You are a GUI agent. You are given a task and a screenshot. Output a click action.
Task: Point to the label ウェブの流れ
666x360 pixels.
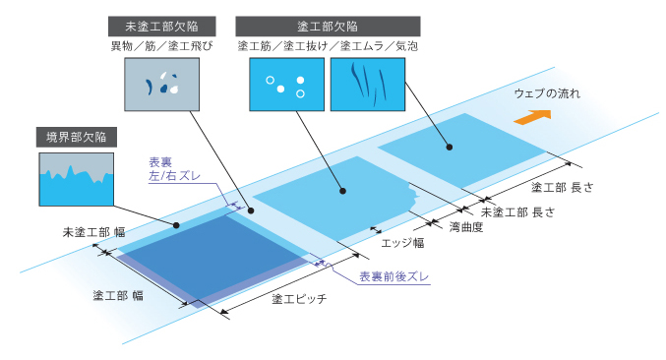(x=548, y=94)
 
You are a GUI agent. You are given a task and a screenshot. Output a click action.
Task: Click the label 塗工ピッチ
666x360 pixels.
(x=298, y=298)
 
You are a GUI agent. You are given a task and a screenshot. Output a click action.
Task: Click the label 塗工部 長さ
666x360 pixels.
(x=577, y=186)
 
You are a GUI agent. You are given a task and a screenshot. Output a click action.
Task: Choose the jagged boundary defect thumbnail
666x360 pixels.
(x=74, y=178)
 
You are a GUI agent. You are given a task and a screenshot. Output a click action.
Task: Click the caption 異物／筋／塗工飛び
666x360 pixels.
(x=162, y=46)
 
